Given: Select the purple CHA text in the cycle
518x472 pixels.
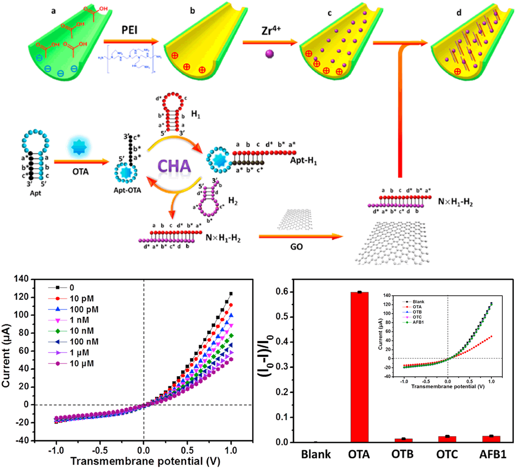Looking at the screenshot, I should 174,166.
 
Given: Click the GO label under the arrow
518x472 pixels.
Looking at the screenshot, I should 296,247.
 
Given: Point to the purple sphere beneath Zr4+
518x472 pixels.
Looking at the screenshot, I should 270,54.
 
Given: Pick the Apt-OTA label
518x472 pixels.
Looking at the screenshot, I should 127,190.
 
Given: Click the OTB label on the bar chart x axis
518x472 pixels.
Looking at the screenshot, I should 402,455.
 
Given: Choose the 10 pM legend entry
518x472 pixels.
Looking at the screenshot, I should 81,299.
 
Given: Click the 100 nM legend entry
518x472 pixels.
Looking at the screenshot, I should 84,342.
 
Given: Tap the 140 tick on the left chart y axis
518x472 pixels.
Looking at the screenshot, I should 21,279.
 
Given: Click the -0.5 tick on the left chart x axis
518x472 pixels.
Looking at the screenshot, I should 100,451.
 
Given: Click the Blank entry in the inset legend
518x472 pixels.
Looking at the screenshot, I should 419,302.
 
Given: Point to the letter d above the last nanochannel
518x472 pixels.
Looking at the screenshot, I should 459,13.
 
